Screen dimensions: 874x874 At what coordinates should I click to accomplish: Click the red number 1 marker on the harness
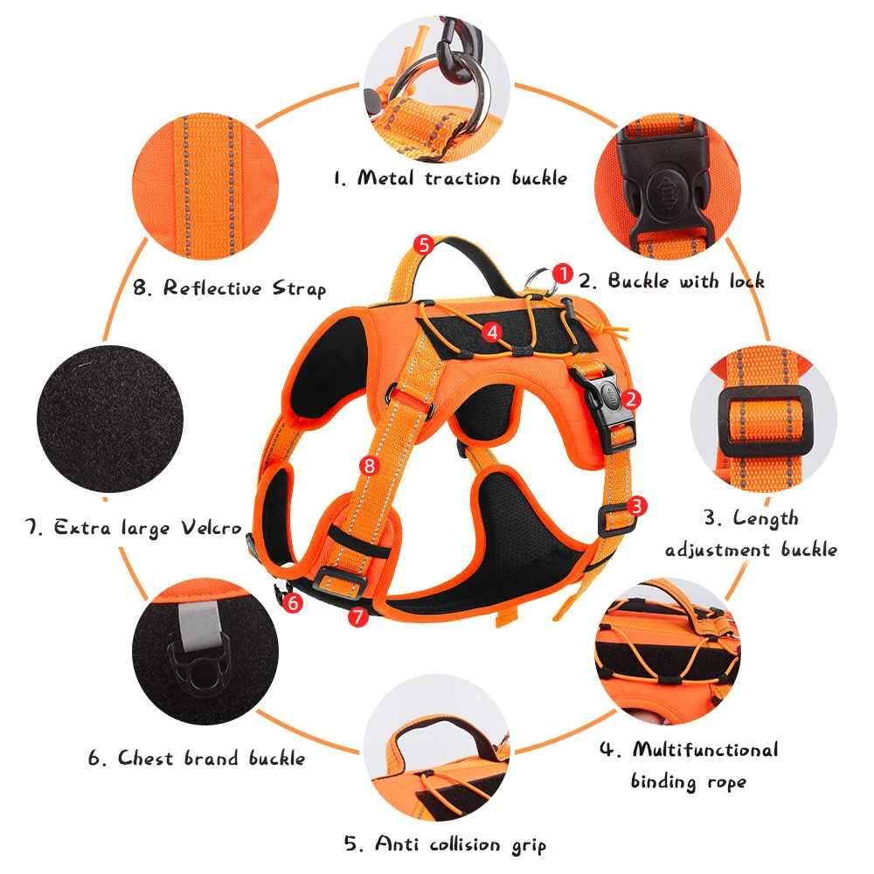pos(563,274)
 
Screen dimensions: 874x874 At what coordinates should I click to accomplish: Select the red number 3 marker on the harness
pos(637,505)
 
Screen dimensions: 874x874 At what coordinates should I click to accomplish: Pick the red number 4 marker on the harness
pos(492,331)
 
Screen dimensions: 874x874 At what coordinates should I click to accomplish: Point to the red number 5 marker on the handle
pos(423,245)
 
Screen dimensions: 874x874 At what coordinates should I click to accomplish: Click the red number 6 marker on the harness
pos(294,602)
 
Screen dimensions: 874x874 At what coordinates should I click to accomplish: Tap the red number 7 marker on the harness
pos(356,616)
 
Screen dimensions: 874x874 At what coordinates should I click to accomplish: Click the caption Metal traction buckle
pos(450,178)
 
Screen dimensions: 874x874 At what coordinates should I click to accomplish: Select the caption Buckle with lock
pos(672,281)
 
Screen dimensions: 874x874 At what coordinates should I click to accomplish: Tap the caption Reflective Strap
pos(230,288)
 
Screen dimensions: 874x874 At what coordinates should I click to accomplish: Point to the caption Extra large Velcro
pos(133,528)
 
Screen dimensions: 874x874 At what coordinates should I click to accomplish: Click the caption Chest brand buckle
pos(197,758)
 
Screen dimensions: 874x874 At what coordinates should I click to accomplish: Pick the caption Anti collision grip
pos(445,844)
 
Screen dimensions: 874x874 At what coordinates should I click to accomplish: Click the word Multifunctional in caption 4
pos(704,750)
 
